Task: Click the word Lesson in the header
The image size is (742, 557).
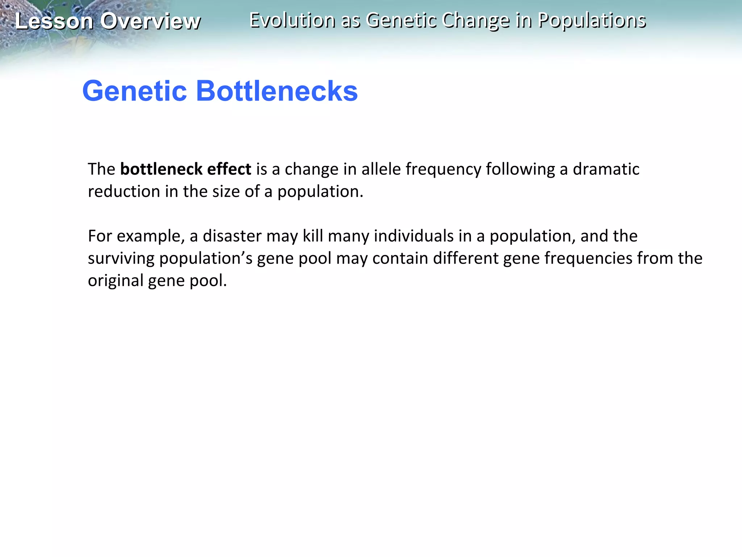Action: tap(54, 21)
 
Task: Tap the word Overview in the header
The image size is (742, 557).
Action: tap(150, 21)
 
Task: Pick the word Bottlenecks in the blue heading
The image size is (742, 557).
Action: tap(277, 91)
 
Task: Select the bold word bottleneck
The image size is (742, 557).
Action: tap(161, 169)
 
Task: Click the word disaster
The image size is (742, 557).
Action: tap(232, 236)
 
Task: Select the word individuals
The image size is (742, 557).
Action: tap(414, 236)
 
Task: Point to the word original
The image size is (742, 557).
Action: tap(116, 281)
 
